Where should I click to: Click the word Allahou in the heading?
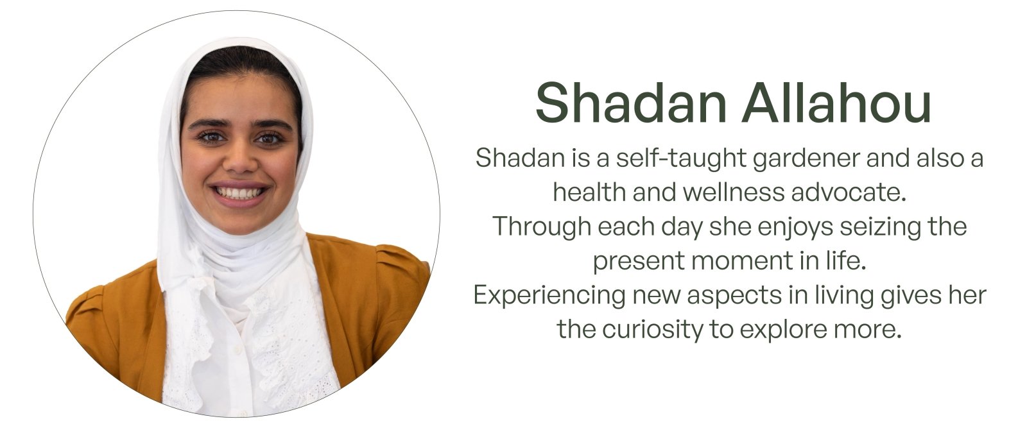pos(836,103)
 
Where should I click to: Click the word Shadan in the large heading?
pos(632,103)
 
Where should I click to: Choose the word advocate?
pos(849,193)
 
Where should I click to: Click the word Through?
pos(542,227)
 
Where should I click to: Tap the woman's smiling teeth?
pos(238,193)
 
